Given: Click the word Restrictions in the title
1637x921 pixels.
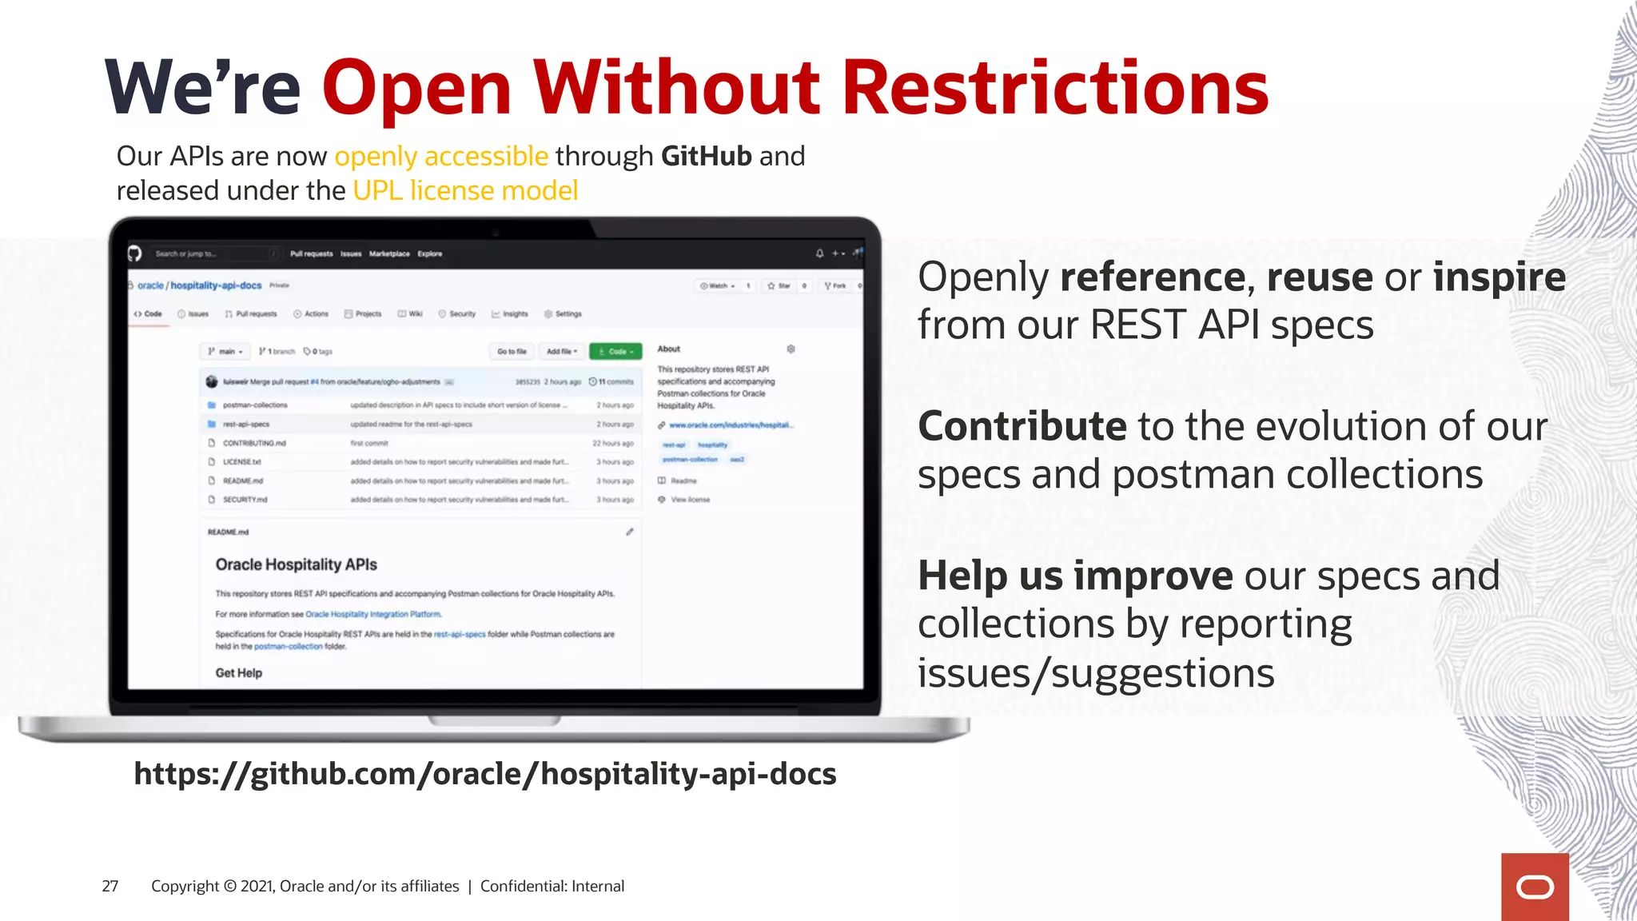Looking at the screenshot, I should [x=1055, y=88].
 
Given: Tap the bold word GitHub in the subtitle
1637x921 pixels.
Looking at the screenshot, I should [x=706, y=156].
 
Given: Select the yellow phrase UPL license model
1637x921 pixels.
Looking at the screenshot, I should [x=465, y=191].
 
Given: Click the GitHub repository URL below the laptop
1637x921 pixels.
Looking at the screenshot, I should [x=484, y=774].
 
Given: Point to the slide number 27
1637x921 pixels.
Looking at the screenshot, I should [x=110, y=886].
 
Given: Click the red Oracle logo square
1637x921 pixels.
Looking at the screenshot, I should [x=1534, y=887].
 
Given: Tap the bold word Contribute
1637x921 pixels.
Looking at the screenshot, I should [x=1022, y=426].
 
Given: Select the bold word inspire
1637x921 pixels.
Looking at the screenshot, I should [x=1499, y=277].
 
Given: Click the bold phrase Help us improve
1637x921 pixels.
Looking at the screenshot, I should [x=1075, y=576].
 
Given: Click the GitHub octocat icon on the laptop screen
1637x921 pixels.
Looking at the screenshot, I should [x=135, y=253].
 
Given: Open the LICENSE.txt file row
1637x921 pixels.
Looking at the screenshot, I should [x=241, y=462].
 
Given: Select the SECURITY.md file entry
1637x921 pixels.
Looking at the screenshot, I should [x=245, y=500].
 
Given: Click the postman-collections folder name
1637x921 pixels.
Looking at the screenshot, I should [x=255, y=405].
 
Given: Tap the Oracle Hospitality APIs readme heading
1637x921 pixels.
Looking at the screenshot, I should [x=296, y=564].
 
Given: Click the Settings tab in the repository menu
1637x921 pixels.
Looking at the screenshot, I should [x=568, y=314].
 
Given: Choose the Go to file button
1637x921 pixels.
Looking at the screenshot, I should [x=512, y=352].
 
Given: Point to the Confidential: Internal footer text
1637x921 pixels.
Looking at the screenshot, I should [x=552, y=886].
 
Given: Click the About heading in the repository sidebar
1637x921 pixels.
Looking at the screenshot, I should [x=668, y=349].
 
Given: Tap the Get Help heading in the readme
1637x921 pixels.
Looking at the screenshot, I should [x=238, y=673].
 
